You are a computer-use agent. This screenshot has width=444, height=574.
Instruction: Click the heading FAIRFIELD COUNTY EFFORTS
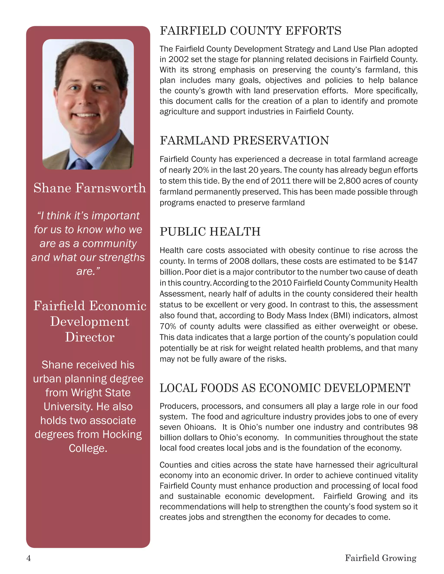[250, 31]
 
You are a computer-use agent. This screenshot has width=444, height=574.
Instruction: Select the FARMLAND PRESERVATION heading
[244, 141]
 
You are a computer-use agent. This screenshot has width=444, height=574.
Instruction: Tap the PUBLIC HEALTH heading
[210, 232]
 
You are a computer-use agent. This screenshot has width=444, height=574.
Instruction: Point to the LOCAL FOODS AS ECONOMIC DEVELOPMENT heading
[285, 388]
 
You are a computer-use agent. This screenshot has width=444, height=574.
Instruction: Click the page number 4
[29, 558]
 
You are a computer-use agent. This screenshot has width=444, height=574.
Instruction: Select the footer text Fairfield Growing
[381, 558]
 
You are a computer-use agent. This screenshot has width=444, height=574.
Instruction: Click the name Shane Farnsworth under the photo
[90, 188]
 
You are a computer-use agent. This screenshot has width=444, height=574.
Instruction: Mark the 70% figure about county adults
[168, 326]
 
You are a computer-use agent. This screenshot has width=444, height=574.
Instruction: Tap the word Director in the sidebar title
[90, 337]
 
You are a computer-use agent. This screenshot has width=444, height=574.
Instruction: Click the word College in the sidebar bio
[88, 448]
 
